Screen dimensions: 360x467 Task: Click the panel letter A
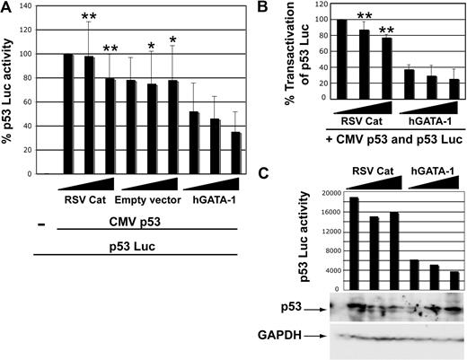8,9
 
